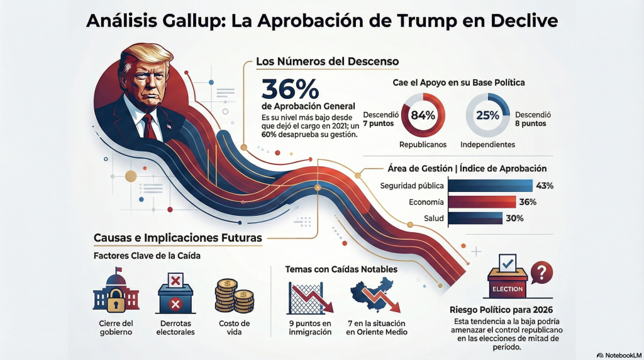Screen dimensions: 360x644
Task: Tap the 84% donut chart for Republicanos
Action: click(423, 115)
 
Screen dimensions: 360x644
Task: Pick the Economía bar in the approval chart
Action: click(481, 202)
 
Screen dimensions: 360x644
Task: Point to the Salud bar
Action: click(475, 219)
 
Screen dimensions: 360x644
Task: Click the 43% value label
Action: click(545, 186)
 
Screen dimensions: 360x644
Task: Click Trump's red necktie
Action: click(149, 127)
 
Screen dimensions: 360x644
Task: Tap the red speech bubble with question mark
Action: click(541, 272)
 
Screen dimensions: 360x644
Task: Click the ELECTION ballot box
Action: click(507, 280)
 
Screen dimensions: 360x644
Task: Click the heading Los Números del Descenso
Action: click(327, 62)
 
